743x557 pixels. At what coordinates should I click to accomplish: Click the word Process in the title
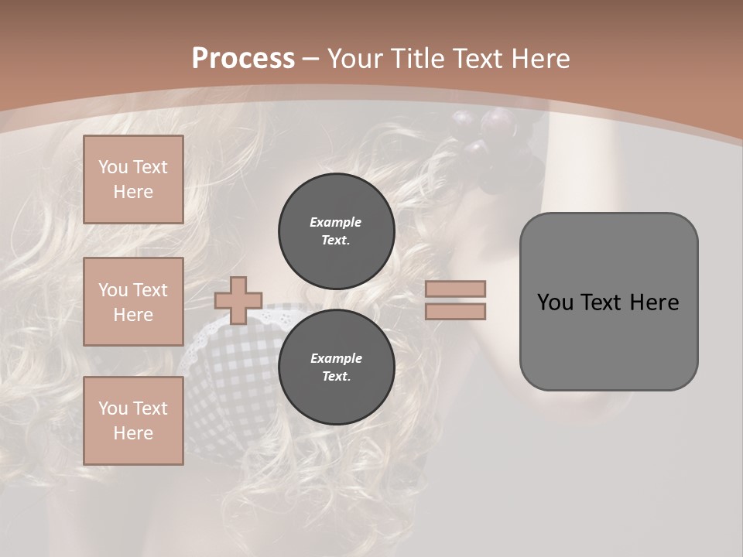(x=243, y=59)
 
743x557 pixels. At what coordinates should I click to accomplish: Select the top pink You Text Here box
(x=133, y=179)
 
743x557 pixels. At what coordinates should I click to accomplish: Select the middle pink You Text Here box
(x=133, y=302)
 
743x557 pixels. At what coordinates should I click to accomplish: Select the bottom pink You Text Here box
(x=133, y=420)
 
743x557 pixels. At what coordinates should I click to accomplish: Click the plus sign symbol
(x=238, y=300)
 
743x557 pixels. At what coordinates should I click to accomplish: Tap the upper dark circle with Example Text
(x=336, y=231)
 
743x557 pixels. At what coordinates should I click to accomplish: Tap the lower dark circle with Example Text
(x=336, y=367)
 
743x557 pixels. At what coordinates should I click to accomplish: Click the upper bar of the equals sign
(x=456, y=289)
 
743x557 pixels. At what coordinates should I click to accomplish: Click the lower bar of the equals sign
(x=456, y=311)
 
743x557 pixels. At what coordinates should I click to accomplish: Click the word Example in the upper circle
(x=335, y=222)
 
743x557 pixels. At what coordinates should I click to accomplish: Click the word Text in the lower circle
(x=336, y=377)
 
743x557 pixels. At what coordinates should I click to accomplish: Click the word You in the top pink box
(x=112, y=167)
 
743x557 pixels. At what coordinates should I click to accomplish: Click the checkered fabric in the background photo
(x=232, y=364)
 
